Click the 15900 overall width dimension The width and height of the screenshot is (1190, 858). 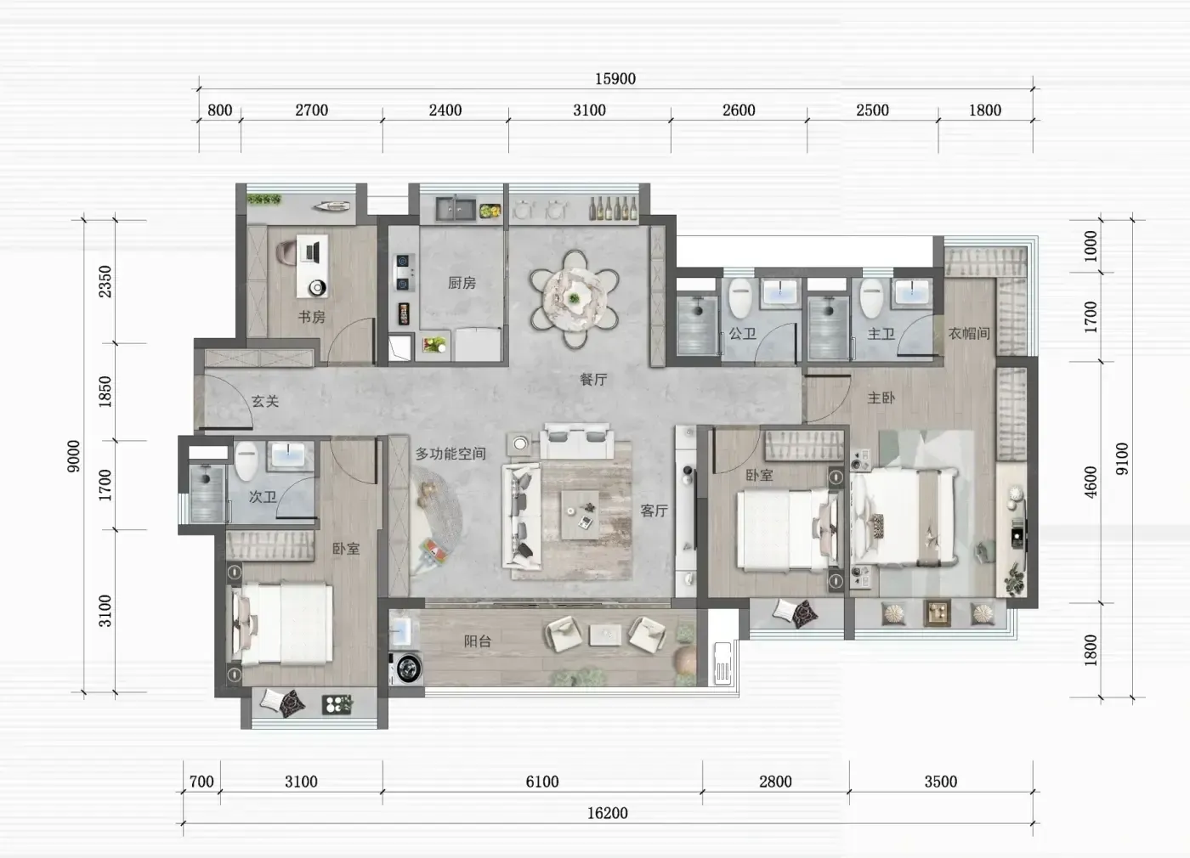615,79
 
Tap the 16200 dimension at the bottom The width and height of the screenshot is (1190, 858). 607,813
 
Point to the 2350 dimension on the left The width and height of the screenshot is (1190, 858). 105,281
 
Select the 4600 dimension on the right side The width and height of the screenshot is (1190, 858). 1090,483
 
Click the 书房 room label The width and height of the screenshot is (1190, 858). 312,317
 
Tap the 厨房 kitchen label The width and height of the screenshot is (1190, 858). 462,282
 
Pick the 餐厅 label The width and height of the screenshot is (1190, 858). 593,379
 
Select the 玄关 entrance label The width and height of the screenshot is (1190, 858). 265,401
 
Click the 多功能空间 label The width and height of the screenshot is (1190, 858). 450,454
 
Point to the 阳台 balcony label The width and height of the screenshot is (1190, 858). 478,641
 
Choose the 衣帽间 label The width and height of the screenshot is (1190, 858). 970,333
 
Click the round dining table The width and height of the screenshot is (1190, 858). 575,299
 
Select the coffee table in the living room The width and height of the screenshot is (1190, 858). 580,515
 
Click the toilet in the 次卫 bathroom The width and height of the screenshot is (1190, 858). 246,460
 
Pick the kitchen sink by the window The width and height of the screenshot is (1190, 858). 456,209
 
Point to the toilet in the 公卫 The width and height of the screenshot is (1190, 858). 740,298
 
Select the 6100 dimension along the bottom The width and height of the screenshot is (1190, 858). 542,782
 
